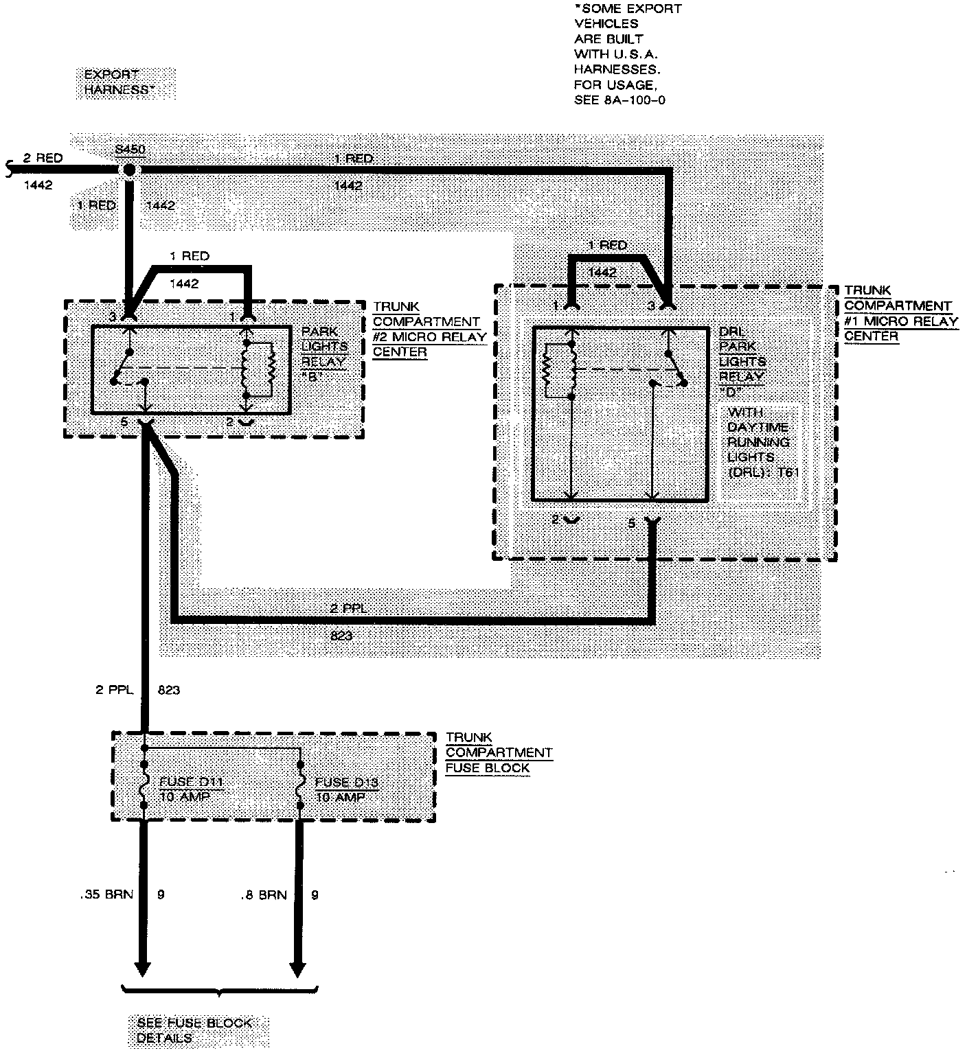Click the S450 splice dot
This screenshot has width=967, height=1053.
click(x=128, y=170)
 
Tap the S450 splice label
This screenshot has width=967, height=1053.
click(x=130, y=149)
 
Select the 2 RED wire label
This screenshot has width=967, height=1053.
click(x=43, y=158)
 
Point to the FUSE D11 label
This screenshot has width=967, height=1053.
click(x=191, y=782)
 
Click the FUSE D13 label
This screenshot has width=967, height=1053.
click(x=347, y=782)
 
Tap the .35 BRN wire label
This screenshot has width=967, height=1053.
click(x=106, y=894)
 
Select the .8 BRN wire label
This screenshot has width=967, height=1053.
click(x=263, y=895)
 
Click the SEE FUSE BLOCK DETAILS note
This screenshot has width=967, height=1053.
click(x=194, y=1030)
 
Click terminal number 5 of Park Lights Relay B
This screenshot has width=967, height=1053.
click(x=124, y=422)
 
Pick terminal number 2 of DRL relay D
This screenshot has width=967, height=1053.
click(x=556, y=520)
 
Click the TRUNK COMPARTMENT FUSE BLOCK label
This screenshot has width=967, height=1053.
click(x=498, y=752)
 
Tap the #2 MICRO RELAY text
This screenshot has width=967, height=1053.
click(x=429, y=337)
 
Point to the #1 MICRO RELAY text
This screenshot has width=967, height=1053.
click(x=900, y=321)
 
